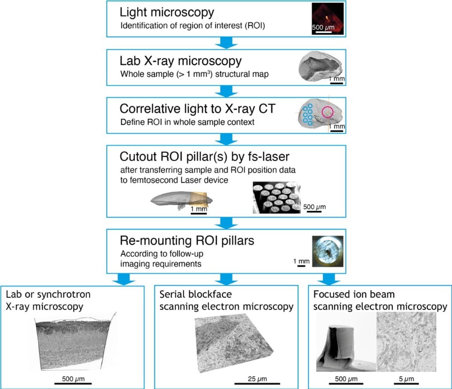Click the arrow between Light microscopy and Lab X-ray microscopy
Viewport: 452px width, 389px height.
coord(225,43)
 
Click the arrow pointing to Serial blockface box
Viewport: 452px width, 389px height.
coord(225,277)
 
